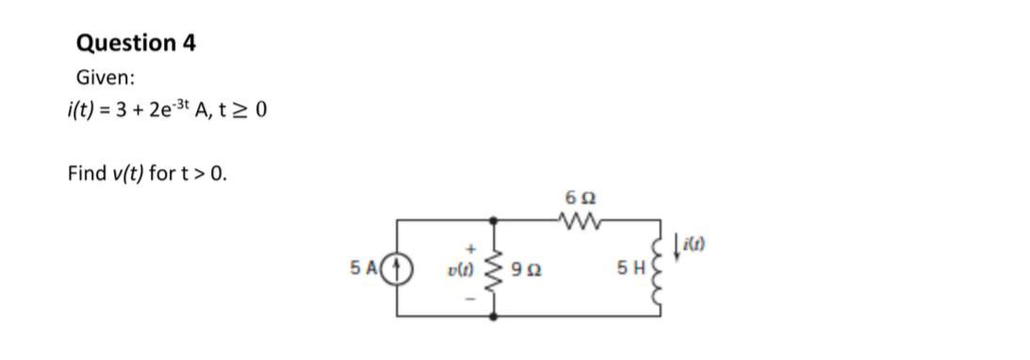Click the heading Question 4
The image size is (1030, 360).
pyautogui.click(x=135, y=43)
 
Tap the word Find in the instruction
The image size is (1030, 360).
pyautogui.click(x=86, y=173)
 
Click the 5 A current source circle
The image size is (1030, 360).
pyautogui.click(x=398, y=268)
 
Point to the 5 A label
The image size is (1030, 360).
pyautogui.click(x=363, y=268)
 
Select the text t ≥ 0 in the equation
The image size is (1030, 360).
pyautogui.click(x=244, y=110)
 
